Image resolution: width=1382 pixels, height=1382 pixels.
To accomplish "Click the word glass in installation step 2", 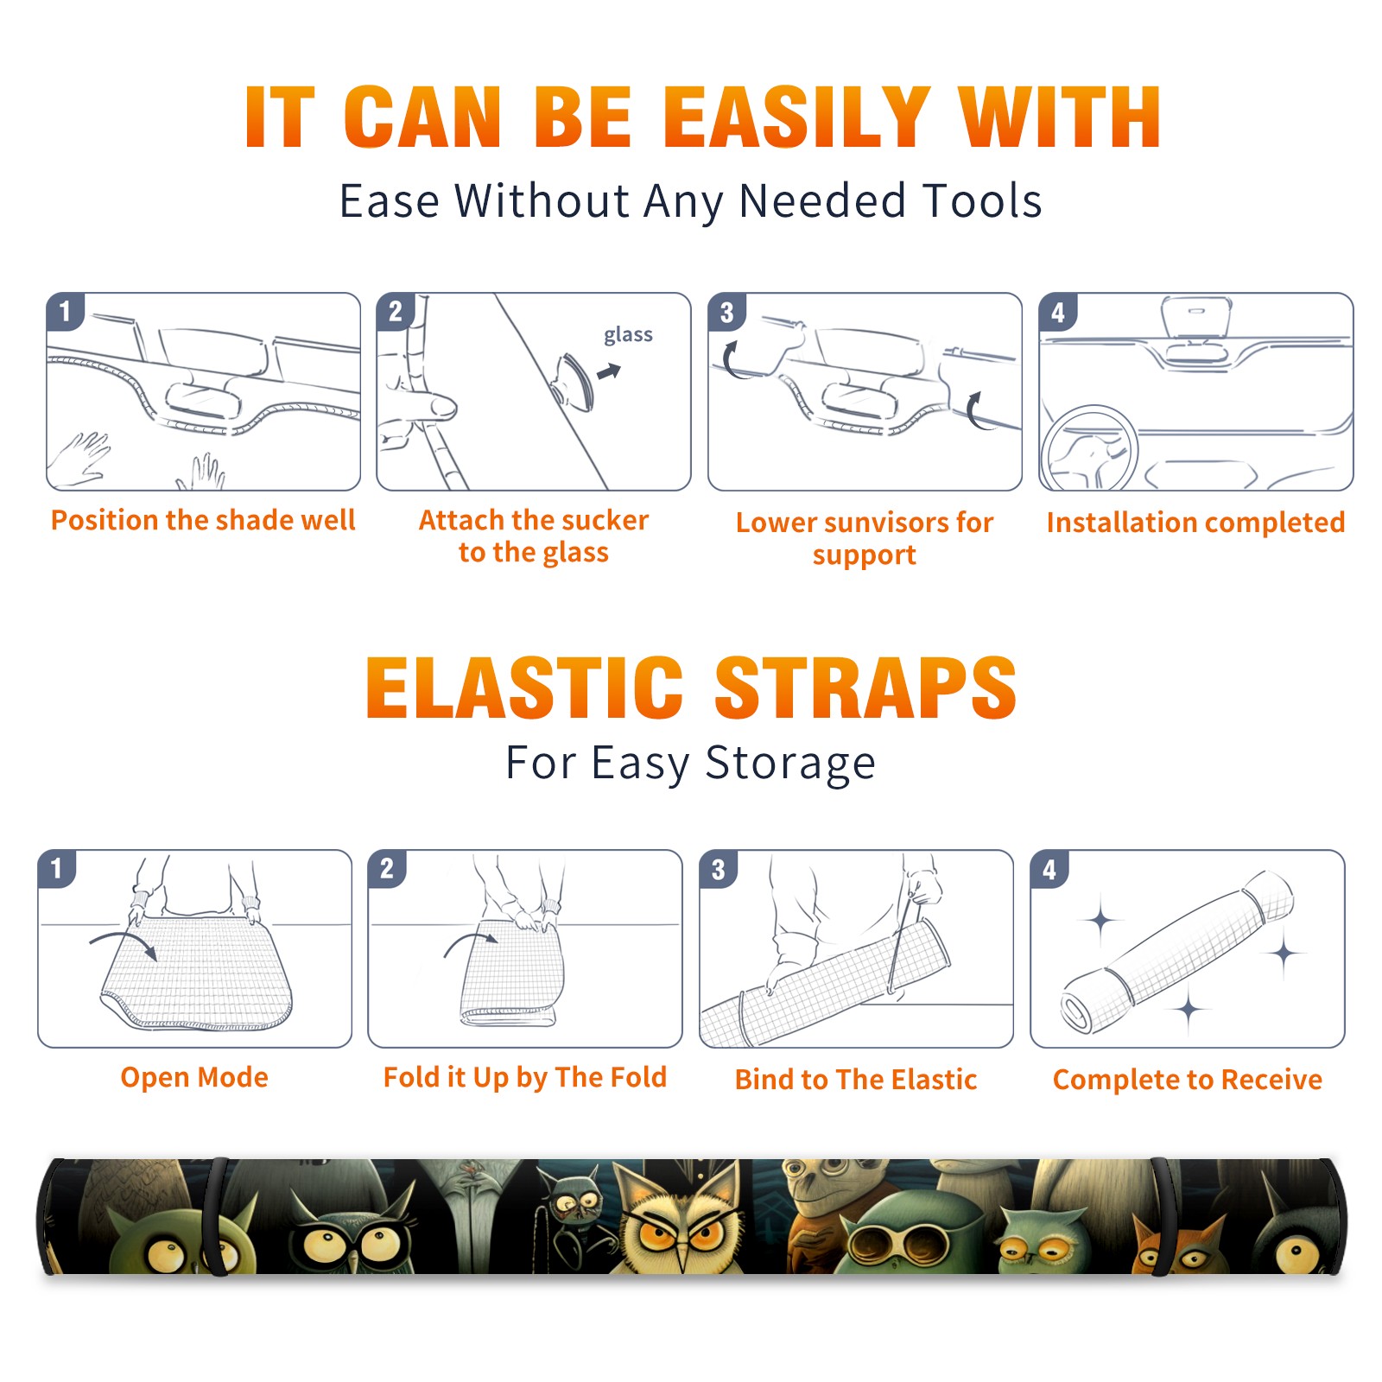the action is pyautogui.click(x=628, y=335).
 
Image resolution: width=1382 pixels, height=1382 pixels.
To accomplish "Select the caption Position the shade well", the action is pyautogui.click(x=203, y=520).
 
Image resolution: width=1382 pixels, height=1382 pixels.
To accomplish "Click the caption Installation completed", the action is pyautogui.click(x=1195, y=523).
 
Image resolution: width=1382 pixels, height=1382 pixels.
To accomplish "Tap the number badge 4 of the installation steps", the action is pyautogui.click(x=1057, y=312).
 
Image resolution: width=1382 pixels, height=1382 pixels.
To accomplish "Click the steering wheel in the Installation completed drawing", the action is pyautogui.click(x=1088, y=448).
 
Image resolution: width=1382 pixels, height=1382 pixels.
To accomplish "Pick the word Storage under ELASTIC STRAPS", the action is pyautogui.click(x=790, y=764).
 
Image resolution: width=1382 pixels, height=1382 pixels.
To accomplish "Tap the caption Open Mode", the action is pyautogui.click(x=194, y=1077).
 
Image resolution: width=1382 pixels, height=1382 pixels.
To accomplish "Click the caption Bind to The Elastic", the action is pyautogui.click(x=856, y=1080).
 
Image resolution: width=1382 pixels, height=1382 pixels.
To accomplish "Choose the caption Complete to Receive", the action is pyautogui.click(x=1188, y=1080).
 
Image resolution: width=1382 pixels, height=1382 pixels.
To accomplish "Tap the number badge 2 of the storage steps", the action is pyautogui.click(x=387, y=869).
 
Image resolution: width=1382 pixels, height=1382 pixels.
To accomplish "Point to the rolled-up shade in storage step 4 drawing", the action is pyautogui.click(x=1177, y=951).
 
